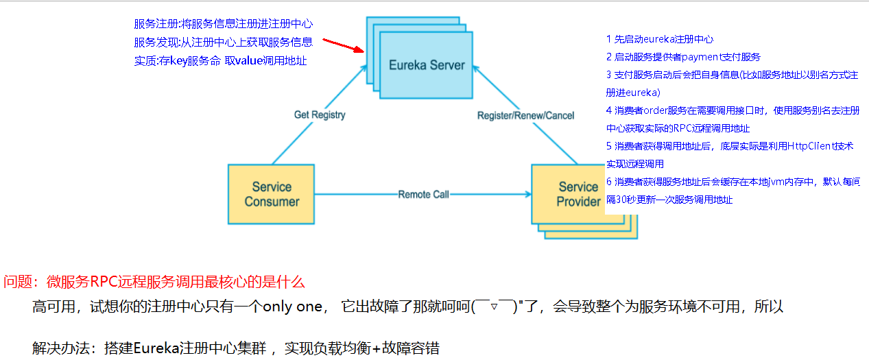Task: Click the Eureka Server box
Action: pyautogui.click(x=427, y=66)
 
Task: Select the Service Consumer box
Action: pyautogui.click(x=272, y=194)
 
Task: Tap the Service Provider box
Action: pyautogui.click(x=569, y=194)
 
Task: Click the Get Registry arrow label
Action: pyautogui.click(x=320, y=115)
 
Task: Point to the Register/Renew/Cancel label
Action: pyautogui.click(x=525, y=115)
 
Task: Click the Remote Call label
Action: pyautogui.click(x=423, y=194)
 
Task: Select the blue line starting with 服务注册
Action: pyautogui.click(x=224, y=24)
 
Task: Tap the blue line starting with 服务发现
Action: pyautogui.click(x=224, y=42)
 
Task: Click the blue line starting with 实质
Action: pyautogui.click(x=220, y=60)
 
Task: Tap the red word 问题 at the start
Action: pyautogui.click(x=17, y=282)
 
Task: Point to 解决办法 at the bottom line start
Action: pyautogui.click(x=59, y=348)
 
